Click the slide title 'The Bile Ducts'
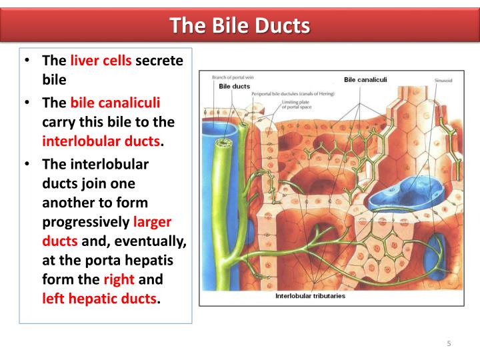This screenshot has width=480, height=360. (240, 25)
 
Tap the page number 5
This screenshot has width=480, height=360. (449, 343)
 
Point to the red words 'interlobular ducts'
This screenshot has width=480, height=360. (101, 141)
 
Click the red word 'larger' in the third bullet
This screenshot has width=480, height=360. (153, 223)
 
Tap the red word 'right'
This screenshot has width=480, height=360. (119, 280)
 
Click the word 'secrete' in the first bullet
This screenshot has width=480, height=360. (159, 61)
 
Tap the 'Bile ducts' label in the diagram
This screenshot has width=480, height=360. (235, 87)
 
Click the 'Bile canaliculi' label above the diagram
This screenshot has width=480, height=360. (366, 80)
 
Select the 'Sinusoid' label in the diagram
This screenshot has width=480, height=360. (443, 80)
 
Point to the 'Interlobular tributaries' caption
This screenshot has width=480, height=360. (311, 296)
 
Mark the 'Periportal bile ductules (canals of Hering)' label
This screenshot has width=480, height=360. (293, 94)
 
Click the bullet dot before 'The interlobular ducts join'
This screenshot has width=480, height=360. (27, 164)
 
